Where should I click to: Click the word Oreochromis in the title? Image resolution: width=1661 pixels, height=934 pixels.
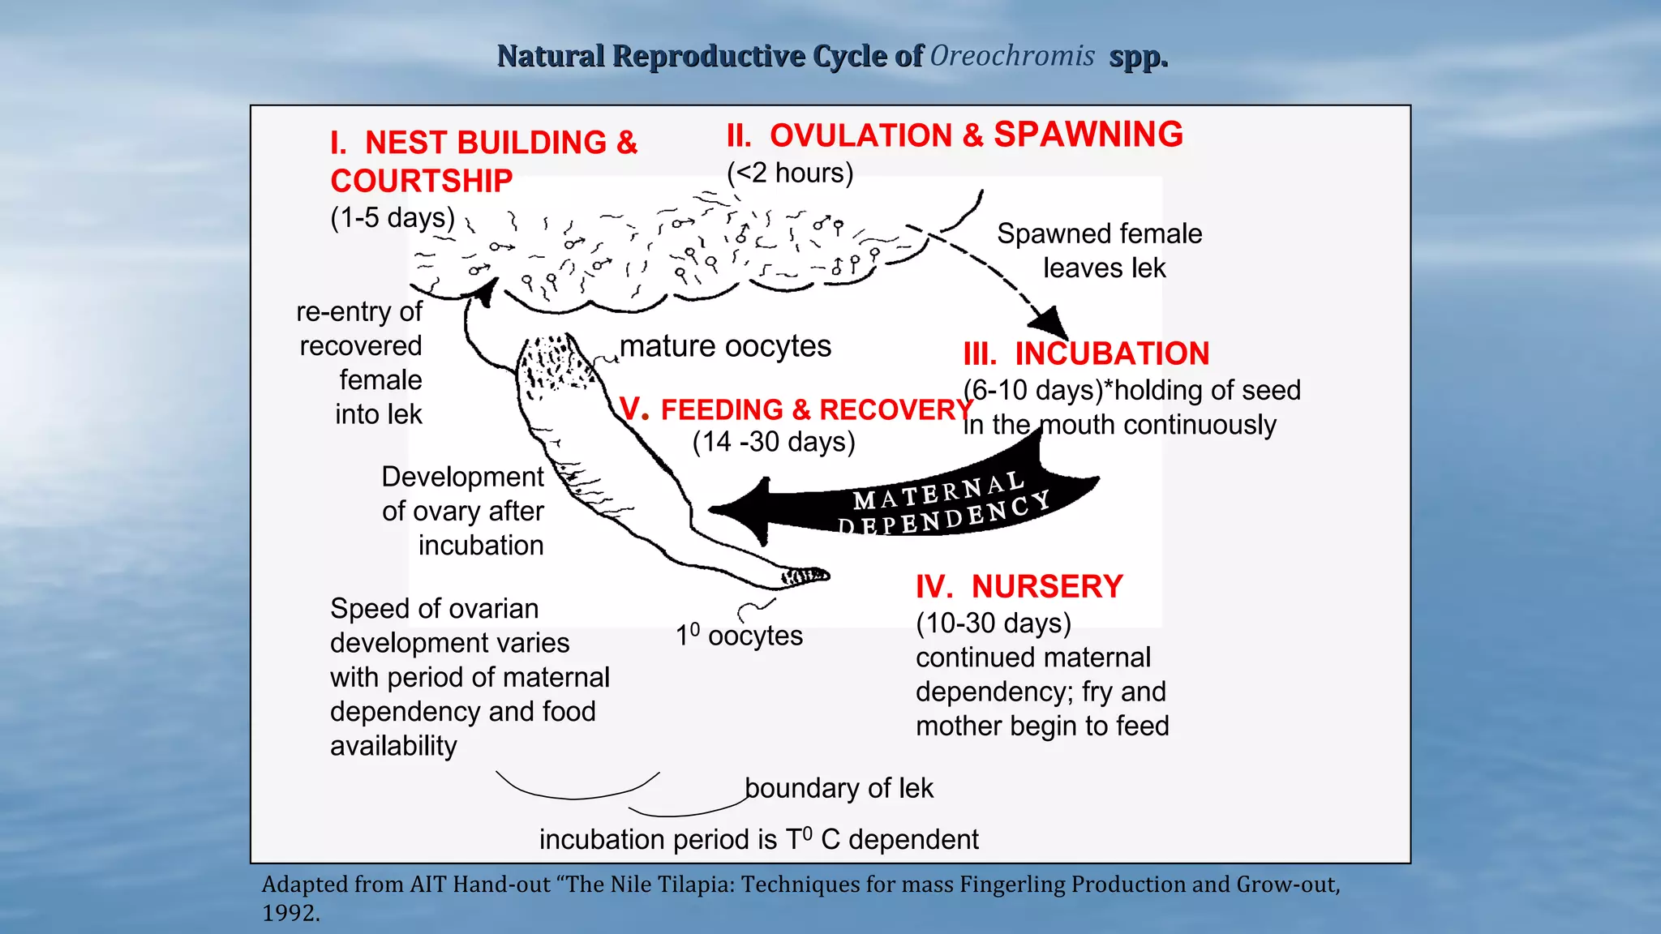click(x=1012, y=56)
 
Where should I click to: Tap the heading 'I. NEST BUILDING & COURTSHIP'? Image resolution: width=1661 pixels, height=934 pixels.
click(x=483, y=161)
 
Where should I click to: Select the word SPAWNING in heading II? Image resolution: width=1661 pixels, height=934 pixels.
click(x=1088, y=135)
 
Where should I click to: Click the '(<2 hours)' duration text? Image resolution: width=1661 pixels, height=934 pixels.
click(x=790, y=173)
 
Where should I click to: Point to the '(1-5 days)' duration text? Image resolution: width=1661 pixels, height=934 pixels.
click(x=393, y=217)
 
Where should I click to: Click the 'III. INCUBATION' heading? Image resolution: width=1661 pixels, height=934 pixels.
click(x=1086, y=353)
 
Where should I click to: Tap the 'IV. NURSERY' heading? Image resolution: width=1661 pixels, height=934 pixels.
click(x=1019, y=586)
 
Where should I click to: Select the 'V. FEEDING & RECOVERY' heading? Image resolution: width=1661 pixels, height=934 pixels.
click(x=796, y=409)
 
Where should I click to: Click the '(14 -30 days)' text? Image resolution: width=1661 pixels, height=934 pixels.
click(x=774, y=442)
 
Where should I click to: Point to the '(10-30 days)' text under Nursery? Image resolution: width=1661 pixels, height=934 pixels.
click(x=994, y=623)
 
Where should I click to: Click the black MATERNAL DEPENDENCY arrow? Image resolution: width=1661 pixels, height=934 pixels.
click(x=908, y=503)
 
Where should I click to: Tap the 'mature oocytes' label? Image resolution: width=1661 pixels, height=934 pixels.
click(x=725, y=346)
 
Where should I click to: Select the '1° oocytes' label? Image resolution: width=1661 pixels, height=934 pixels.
click(x=739, y=636)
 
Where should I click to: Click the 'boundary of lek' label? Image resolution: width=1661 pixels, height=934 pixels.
click(x=839, y=788)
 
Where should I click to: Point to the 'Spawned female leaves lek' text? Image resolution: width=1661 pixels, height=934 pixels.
click(x=1100, y=251)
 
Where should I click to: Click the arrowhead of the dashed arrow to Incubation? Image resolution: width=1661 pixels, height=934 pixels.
click(x=1052, y=323)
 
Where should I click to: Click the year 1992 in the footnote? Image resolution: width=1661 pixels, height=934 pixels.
click(x=290, y=913)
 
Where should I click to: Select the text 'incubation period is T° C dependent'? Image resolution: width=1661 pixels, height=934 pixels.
click(x=758, y=839)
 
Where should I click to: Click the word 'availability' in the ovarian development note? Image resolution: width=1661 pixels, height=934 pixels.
click(x=393, y=746)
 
